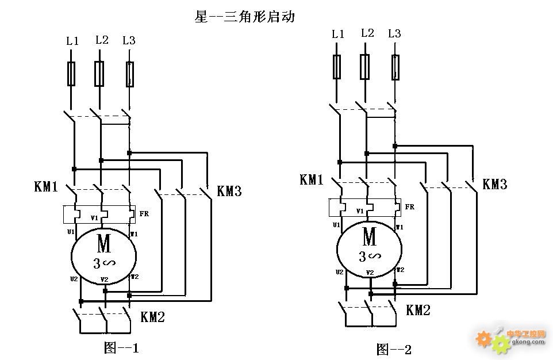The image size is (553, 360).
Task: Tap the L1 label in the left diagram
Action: pos(72,41)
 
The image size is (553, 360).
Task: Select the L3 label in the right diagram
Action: pos(394,33)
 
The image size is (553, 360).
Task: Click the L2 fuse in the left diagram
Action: pos(99,74)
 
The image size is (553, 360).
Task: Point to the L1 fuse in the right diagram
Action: pos(337,67)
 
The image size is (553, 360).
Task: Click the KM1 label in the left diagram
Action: pos(46,186)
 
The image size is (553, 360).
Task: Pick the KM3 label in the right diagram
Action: pos(494,185)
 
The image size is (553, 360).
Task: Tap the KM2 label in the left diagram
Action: pos(152,316)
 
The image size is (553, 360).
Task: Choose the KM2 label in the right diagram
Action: pos(418,311)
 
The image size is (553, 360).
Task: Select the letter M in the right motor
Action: pos(370,236)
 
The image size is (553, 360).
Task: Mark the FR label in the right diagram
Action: pos(409,206)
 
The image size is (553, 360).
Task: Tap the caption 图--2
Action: pos(394,349)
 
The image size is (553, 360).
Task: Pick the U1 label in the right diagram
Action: pos(336,225)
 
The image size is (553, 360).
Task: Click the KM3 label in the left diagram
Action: pos(229,192)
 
